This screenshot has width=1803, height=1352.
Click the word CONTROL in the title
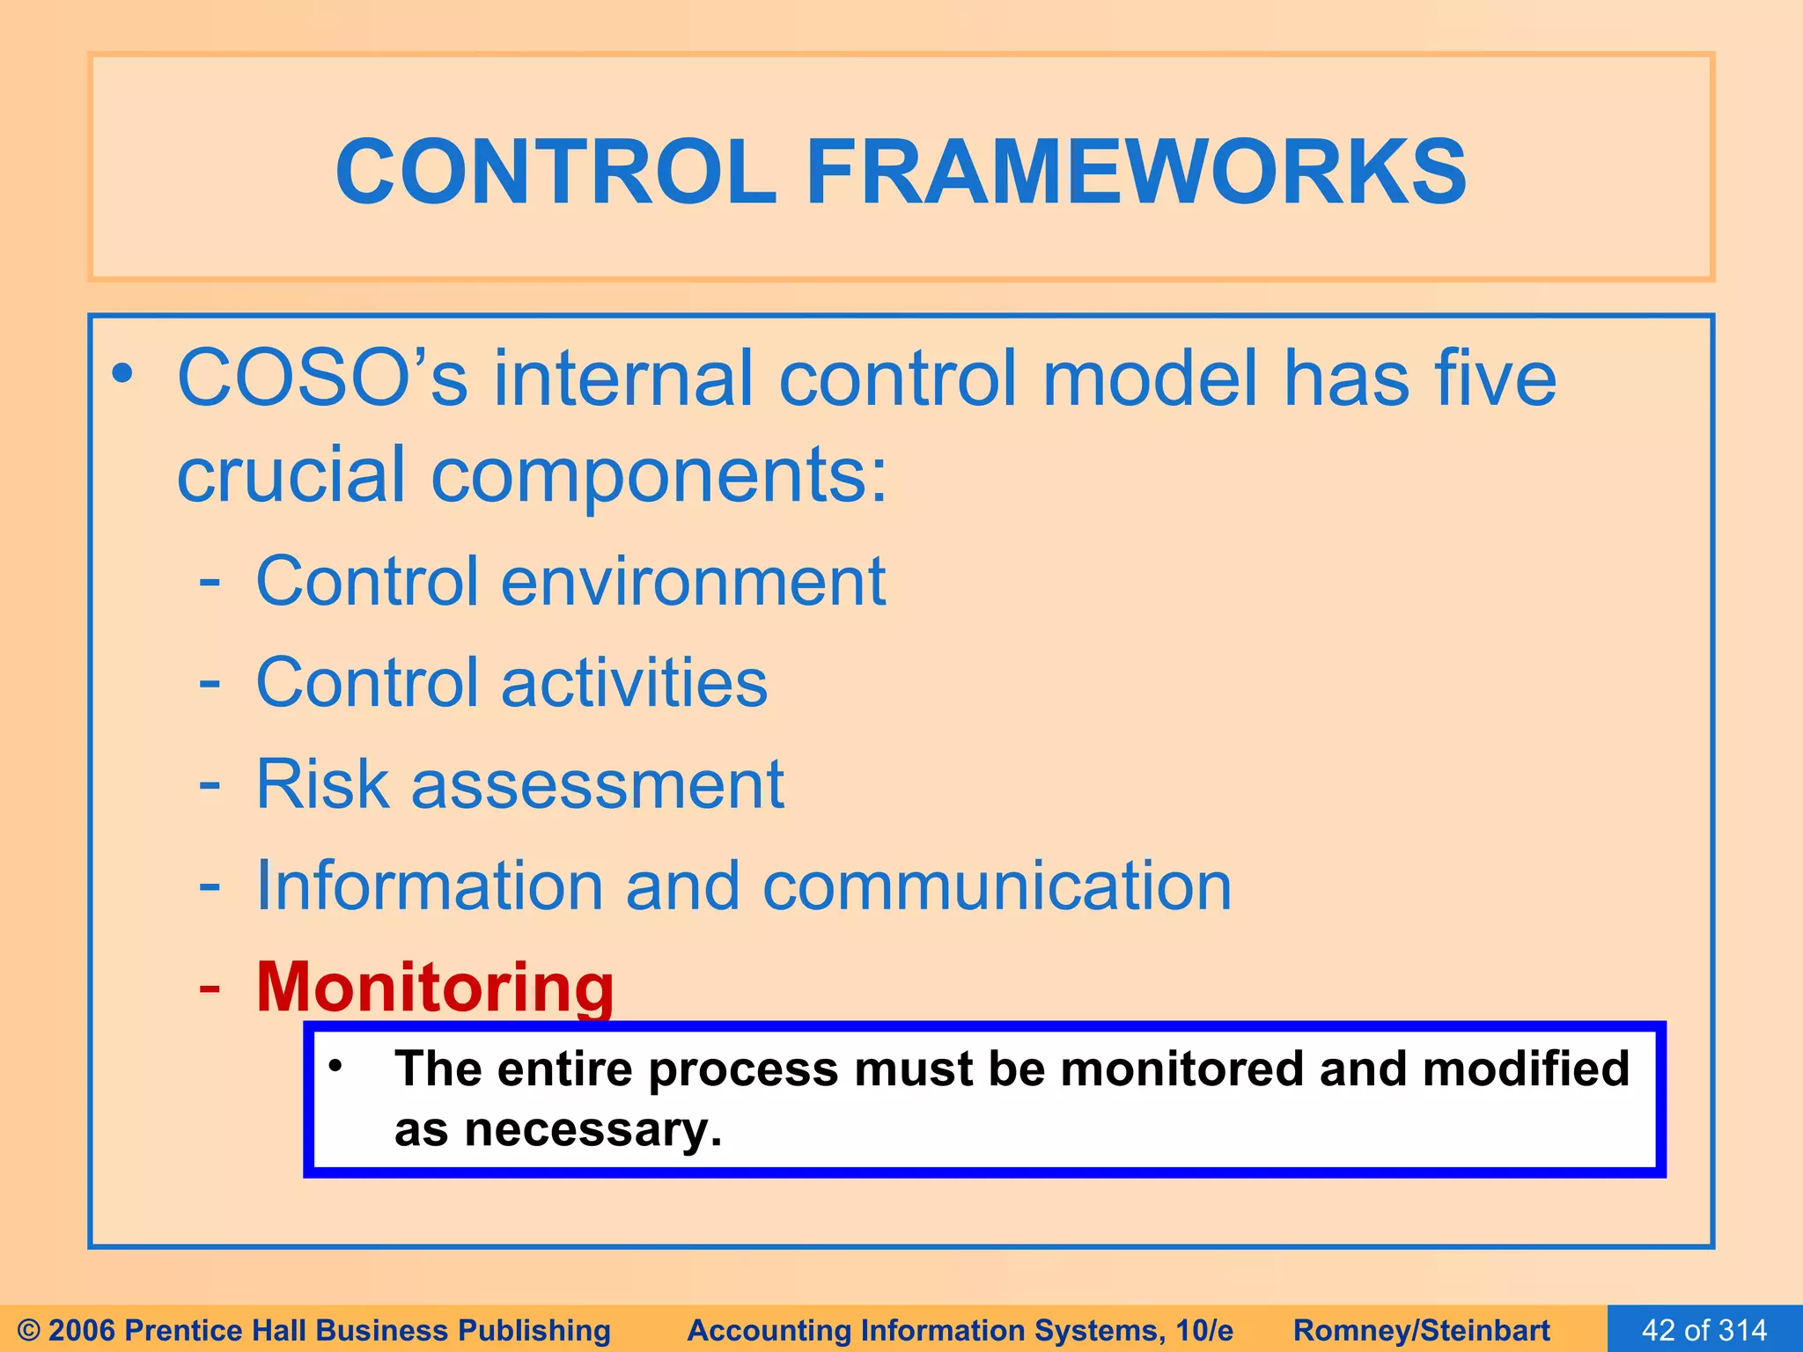[556, 172]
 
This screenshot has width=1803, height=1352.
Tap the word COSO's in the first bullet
[322, 378]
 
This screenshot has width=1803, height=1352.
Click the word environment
[693, 582]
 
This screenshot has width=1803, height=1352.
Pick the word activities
[634, 683]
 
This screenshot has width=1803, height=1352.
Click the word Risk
[321, 784]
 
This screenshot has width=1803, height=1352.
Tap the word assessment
[597, 784]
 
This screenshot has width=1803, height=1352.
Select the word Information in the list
[430, 885]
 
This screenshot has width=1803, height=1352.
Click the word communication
[997, 885]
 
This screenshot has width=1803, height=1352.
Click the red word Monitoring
[435, 988]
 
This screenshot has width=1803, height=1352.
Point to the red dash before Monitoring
[210, 988]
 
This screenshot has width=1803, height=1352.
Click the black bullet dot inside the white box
[335, 1067]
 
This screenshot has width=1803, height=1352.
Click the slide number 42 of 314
[1704, 1329]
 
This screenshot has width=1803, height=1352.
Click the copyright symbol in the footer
[28, 1330]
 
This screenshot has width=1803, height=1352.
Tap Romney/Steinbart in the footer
[1421, 1330]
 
